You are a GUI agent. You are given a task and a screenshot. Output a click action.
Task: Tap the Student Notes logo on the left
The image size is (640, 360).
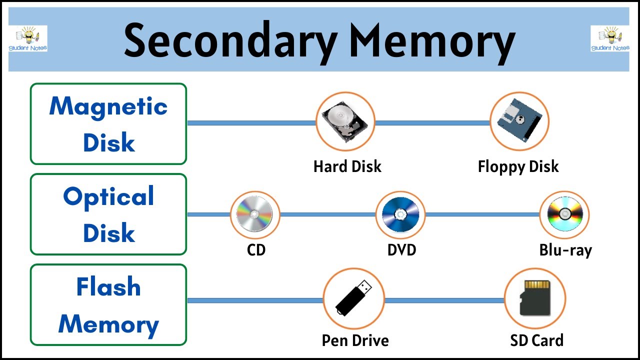click(x=28, y=39)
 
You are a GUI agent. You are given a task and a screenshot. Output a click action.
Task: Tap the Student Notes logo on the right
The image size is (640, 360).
click(x=610, y=39)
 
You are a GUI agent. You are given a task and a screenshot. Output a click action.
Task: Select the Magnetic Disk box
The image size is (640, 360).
click(x=108, y=124)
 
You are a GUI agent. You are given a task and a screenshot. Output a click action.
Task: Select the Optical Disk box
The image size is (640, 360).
click(x=108, y=214)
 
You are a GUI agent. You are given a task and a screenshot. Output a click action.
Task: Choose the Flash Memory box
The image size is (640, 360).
click(x=108, y=305)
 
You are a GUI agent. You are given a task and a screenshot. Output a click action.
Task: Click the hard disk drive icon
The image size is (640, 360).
click(x=345, y=121)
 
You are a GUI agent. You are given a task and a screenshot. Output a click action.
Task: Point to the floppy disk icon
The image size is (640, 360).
click(x=519, y=121)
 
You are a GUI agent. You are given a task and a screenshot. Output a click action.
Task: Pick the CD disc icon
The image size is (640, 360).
click(x=255, y=214)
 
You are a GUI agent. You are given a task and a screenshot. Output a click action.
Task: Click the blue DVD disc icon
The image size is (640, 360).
click(x=400, y=214)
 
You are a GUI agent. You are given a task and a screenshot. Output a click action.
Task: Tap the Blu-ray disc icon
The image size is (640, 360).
click(x=564, y=214)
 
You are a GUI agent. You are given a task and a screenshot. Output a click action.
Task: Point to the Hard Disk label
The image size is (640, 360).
click(x=347, y=166)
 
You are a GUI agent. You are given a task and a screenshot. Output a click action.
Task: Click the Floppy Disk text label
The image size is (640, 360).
click(x=518, y=166)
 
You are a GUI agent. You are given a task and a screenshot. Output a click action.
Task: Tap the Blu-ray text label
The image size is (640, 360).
click(x=565, y=249)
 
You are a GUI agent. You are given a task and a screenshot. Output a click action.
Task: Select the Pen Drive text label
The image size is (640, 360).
click(x=355, y=340)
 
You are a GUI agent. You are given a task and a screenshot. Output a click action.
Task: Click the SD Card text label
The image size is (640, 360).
click(x=536, y=340)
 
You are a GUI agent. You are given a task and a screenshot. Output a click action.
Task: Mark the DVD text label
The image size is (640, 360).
click(x=401, y=249)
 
